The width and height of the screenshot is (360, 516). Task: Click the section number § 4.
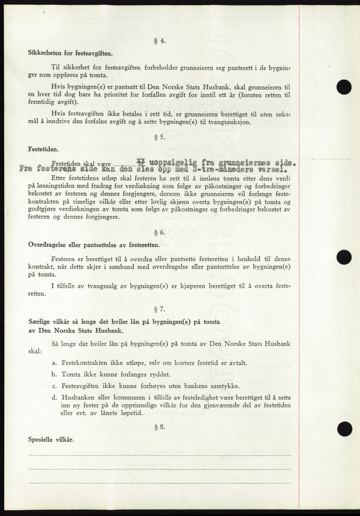pos(160,41)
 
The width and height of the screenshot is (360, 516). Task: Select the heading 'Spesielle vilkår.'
pos(51,439)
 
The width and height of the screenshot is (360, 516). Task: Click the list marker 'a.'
pos(55,363)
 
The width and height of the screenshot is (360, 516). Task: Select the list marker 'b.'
pos(55,374)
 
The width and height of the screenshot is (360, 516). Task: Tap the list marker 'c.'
pos(55,386)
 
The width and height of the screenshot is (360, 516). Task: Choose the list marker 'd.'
pos(55,397)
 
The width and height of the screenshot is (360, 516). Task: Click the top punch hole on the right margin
pos(344,86)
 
